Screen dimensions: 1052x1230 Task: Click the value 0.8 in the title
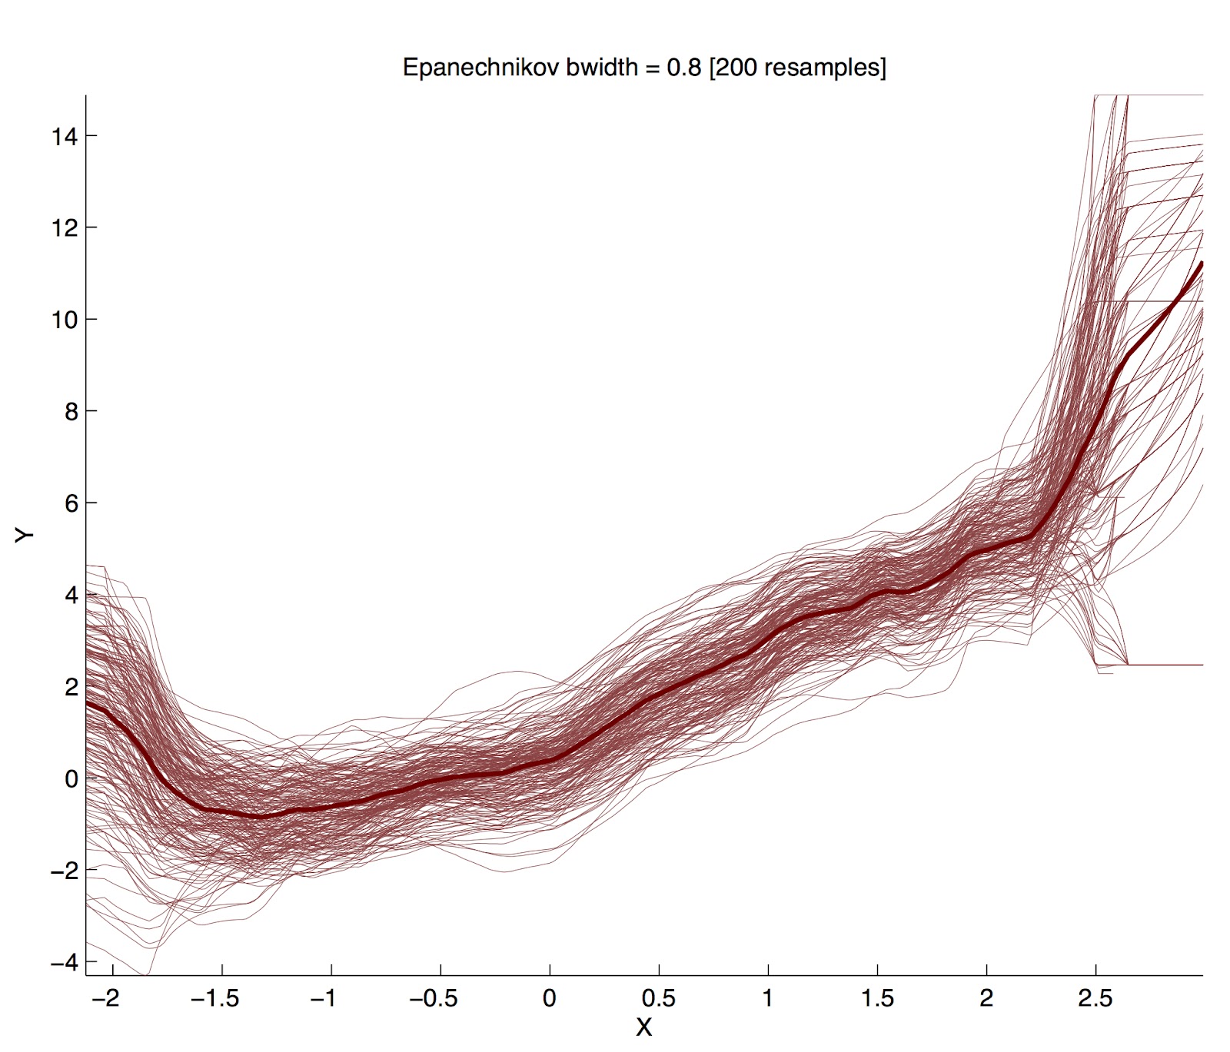[683, 68]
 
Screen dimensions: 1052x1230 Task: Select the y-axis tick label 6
[71, 503]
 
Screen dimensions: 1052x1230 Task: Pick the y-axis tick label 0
[71, 778]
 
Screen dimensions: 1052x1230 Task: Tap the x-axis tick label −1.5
[215, 999]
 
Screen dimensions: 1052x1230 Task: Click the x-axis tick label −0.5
[434, 999]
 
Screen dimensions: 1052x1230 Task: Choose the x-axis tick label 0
[549, 999]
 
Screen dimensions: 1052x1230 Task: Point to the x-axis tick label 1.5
[877, 999]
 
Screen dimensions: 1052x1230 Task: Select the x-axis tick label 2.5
[1095, 999]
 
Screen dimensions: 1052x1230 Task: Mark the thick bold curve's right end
[1201, 264]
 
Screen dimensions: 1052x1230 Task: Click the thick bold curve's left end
[88, 702]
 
